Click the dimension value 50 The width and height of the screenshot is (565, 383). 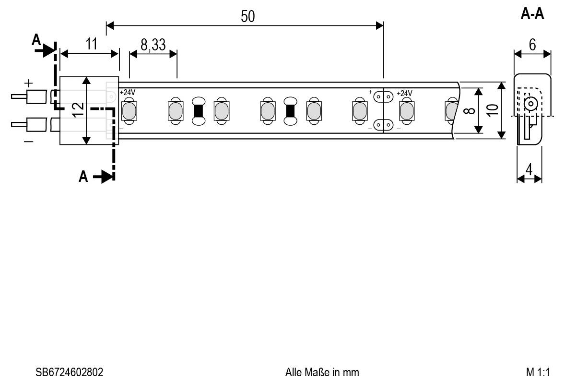pyautogui.click(x=247, y=16)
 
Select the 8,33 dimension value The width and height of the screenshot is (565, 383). pyautogui.click(x=153, y=45)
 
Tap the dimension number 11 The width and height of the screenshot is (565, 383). pyautogui.click(x=91, y=44)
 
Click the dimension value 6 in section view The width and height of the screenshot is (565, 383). pyautogui.click(x=532, y=45)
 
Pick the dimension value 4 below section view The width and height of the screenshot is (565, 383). pyautogui.click(x=529, y=170)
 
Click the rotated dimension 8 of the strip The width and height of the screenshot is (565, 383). pyautogui.click(x=471, y=110)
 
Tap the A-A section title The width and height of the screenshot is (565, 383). pyautogui.click(x=532, y=14)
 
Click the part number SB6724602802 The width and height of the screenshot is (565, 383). pyautogui.click(x=69, y=372)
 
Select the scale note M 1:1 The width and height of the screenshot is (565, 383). pyautogui.click(x=537, y=372)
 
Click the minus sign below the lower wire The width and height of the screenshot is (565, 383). pyautogui.click(x=29, y=141)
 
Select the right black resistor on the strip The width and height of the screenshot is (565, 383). pyautogui.click(x=290, y=111)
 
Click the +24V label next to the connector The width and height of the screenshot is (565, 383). pyautogui.click(x=128, y=92)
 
